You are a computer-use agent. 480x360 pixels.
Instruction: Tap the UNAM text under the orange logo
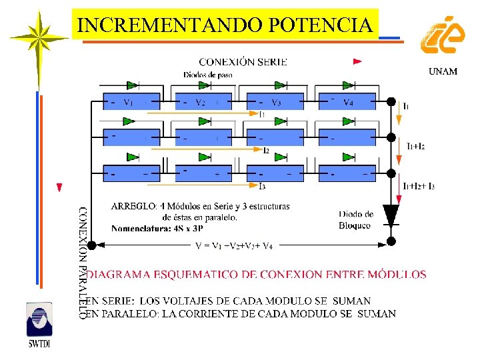pos(442,71)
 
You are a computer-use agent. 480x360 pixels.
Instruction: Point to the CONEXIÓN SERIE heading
pos(243,62)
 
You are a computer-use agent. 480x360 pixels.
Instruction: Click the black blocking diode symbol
pos(392,215)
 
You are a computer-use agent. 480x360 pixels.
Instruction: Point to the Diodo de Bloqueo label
pos(356,220)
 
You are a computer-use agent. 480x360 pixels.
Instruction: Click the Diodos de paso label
pos(207,75)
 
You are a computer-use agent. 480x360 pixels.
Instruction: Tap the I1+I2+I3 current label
pos(419,186)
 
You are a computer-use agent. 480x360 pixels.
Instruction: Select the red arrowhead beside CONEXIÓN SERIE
pos(357,61)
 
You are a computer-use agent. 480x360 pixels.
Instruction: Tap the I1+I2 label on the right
pos(415,146)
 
